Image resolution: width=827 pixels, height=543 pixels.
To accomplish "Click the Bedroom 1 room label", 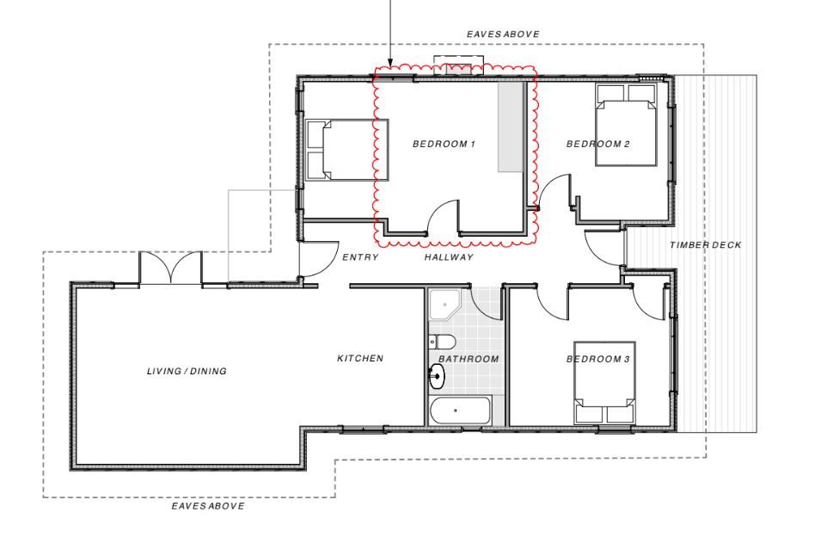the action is click(x=444, y=144).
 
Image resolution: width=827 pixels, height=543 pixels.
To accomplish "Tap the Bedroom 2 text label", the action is click(x=597, y=144).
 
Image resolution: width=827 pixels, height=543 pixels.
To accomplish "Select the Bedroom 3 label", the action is click(x=597, y=359).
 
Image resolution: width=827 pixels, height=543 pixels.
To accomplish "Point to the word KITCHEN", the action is click(x=360, y=358).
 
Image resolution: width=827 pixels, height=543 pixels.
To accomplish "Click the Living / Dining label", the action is click(x=187, y=372).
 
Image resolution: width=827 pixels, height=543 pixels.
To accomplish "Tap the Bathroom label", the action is click(x=469, y=359).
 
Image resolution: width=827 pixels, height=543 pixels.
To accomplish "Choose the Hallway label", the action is click(x=449, y=257).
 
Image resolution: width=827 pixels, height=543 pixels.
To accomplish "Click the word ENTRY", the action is click(x=360, y=257).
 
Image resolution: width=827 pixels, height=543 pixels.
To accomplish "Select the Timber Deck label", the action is click(x=705, y=245).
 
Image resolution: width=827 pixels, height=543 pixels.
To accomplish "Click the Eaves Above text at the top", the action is click(x=503, y=34).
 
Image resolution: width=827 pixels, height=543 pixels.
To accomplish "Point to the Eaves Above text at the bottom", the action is click(x=208, y=506).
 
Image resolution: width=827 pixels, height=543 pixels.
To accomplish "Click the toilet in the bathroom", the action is click(x=442, y=342).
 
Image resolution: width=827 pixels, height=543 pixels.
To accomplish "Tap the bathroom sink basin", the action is click(x=438, y=377).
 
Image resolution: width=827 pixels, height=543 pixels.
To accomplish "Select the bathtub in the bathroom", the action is click(x=461, y=410).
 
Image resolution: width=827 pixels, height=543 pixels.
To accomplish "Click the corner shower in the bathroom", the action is click(x=445, y=305).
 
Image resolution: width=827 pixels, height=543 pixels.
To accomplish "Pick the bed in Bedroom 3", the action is click(x=604, y=382).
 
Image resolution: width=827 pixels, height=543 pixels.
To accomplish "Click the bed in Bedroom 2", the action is click(x=626, y=125).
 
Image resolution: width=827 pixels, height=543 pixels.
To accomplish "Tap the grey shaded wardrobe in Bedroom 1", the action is click(x=512, y=126).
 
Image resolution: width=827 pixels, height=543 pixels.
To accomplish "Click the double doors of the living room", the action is click(x=170, y=268).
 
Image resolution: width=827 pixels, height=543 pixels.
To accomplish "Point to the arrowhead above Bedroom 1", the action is click(x=391, y=63).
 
